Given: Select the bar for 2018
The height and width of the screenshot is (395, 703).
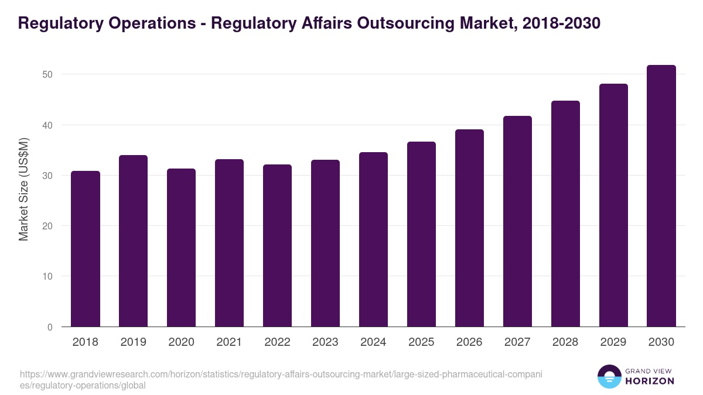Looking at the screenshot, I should (x=86, y=249).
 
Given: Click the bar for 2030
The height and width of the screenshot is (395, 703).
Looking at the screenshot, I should (x=661, y=196).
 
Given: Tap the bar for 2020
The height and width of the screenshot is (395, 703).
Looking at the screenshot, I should (x=182, y=248).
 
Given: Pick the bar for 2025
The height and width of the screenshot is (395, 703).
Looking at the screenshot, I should (x=422, y=234).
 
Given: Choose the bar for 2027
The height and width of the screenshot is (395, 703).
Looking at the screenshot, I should (x=518, y=221).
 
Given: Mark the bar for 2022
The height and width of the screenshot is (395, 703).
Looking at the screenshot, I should (x=278, y=246).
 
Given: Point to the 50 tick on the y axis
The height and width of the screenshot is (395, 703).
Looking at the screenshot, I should (x=47, y=74).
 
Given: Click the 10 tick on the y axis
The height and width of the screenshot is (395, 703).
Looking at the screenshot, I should (x=47, y=276).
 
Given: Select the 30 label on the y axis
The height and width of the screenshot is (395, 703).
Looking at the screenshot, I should (x=47, y=176).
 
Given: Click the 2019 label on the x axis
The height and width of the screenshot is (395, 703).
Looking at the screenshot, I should (x=134, y=342).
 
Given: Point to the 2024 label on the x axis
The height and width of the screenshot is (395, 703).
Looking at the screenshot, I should (x=374, y=342).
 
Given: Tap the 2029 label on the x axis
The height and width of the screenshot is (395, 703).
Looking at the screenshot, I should (x=613, y=342).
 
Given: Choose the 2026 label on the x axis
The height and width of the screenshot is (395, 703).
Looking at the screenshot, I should (x=470, y=342).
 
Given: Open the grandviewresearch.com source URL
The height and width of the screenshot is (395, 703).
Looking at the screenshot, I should (x=281, y=379).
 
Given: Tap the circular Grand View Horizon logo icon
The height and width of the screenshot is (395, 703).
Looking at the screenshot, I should (x=609, y=377).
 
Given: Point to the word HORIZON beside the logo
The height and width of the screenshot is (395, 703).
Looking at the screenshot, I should (x=650, y=381).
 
